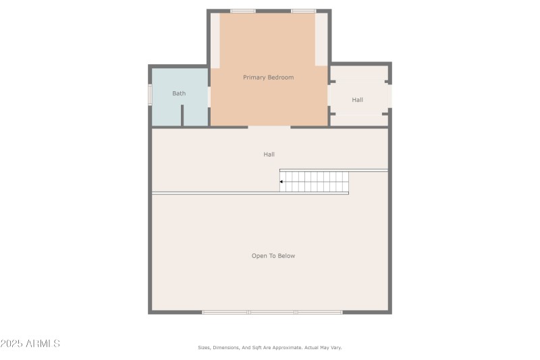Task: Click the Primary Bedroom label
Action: click(268, 78)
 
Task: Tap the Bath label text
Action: click(179, 94)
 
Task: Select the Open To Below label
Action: click(273, 256)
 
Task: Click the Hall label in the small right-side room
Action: click(357, 100)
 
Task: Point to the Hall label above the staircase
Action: click(269, 155)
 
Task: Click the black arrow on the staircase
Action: click(281, 182)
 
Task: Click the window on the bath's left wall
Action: click(151, 95)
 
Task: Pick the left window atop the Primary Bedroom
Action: click(242, 11)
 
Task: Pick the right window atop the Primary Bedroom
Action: click(303, 11)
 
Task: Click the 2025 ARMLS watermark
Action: click(30, 344)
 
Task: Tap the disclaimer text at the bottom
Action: click(269, 348)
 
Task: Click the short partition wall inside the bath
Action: click(182, 115)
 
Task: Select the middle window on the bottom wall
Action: click(272, 312)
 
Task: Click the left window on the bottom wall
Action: click(225, 312)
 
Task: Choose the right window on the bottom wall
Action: click(319, 312)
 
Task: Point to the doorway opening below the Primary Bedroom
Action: click(269, 126)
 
